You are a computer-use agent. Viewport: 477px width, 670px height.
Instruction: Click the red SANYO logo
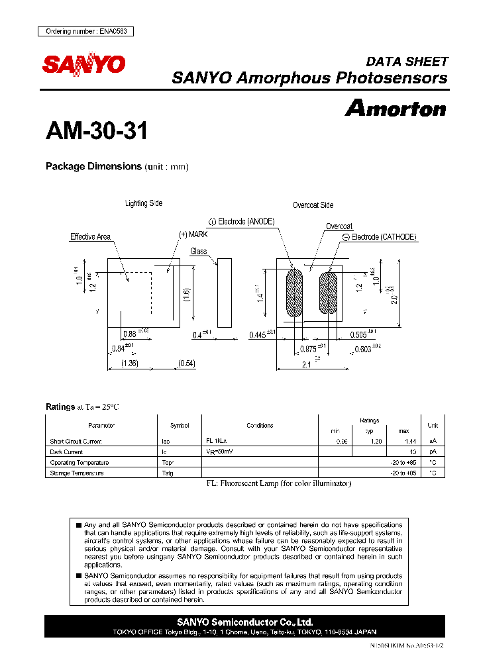[84, 64]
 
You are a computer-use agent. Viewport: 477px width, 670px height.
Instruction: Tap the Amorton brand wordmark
[396, 108]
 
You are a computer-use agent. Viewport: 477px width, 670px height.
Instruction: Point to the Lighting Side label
[144, 203]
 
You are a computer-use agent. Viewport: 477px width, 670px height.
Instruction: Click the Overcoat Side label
[313, 205]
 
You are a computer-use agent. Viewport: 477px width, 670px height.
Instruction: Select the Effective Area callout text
[91, 236]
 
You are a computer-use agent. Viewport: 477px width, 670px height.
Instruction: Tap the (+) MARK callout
[193, 234]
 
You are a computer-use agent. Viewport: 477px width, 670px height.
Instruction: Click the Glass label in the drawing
[199, 252]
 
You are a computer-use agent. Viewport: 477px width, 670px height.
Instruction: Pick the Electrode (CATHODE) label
[379, 236]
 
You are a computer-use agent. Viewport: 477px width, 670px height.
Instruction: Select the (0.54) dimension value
[186, 363]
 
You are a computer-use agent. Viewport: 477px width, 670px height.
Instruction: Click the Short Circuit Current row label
[76, 441]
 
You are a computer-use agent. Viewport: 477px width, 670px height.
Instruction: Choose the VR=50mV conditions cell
[219, 452]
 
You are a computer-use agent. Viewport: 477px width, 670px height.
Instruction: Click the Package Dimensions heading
[93, 166]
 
